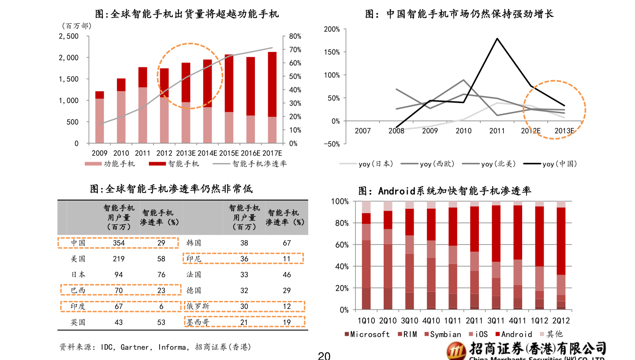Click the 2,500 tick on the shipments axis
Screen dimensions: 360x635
68,36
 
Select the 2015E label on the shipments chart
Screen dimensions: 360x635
229,153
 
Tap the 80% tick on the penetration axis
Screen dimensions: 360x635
295,36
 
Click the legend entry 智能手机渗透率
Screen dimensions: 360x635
259,164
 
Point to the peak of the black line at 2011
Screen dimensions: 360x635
497,38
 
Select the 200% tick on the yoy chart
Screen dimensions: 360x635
331,29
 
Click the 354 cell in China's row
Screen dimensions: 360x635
119,243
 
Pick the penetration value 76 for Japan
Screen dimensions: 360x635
161,275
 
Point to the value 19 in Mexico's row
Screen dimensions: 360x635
287,322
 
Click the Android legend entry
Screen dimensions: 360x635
516,334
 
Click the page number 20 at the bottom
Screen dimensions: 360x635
324,356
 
